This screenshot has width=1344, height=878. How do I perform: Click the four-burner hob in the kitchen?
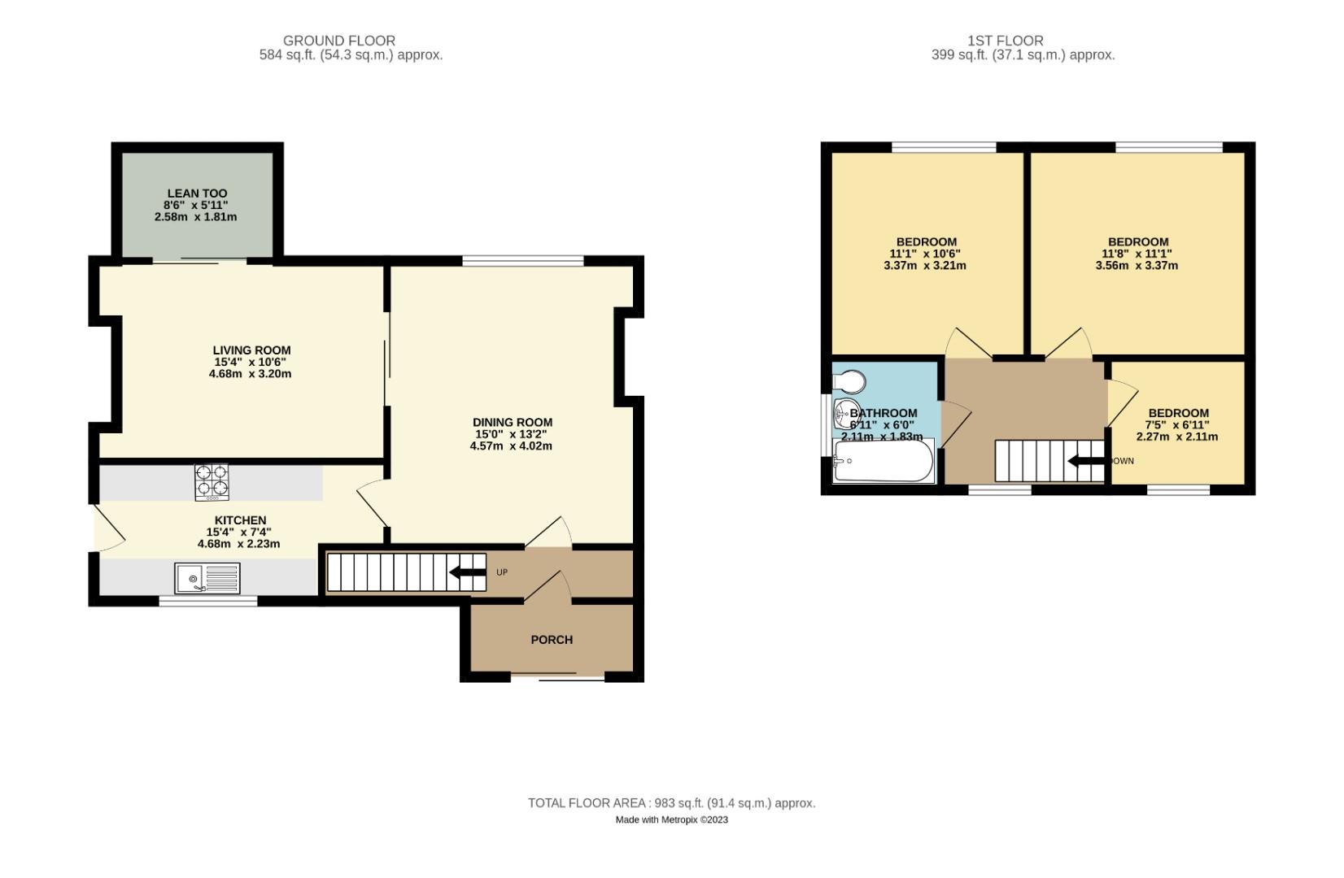[x=212, y=481]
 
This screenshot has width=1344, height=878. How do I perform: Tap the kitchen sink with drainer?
[x=207, y=578]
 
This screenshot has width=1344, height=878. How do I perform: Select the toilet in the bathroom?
[x=850, y=381]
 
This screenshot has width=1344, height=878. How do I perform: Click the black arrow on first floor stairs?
[x=1085, y=461]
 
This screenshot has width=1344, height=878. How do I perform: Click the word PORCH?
[x=552, y=640]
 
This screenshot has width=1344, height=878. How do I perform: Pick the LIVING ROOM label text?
[x=251, y=350]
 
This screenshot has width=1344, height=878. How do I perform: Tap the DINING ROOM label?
[x=512, y=422]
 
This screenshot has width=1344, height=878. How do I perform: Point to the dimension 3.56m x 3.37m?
[x=1137, y=265]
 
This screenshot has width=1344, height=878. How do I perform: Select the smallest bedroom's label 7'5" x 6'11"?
[x=1177, y=424]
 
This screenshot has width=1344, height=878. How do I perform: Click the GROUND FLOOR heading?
[x=339, y=41]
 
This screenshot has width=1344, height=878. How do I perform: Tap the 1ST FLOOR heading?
[x=1005, y=41]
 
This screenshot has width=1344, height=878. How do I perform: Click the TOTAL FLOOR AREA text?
[x=671, y=803]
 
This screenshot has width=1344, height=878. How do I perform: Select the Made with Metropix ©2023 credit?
[x=671, y=819]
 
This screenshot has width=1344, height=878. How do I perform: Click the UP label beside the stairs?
[x=502, y=572]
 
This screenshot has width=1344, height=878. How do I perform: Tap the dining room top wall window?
[x=523, y=261]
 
